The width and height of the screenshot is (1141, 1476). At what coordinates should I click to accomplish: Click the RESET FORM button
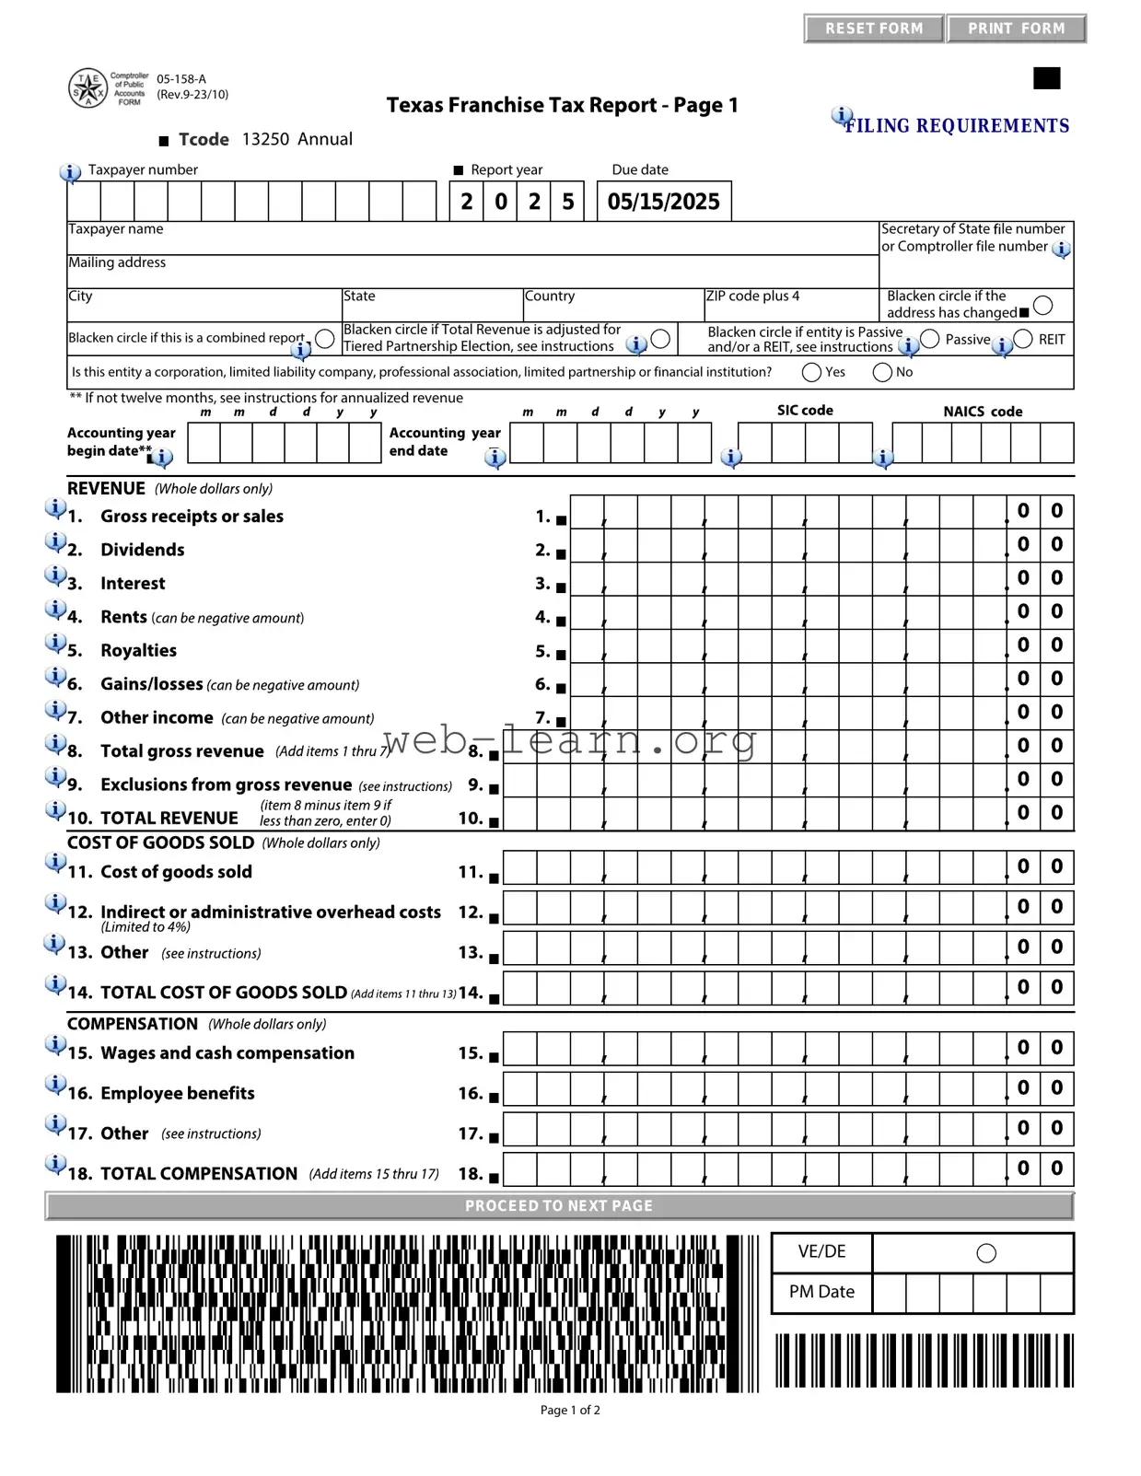[x=873, y=29]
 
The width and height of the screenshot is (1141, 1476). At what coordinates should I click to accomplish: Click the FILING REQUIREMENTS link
[x=957, y=126]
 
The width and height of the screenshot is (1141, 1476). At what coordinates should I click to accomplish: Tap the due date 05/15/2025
[x=663, y=202]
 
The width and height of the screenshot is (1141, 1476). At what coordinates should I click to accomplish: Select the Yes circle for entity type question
[x=811, y=372]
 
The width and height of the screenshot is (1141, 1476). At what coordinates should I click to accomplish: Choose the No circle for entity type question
[x=882, y=372]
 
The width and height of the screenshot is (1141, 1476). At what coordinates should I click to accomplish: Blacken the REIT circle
[x=1023, y=339]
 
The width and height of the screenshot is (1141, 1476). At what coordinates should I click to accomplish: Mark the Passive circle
[x=930, y=339]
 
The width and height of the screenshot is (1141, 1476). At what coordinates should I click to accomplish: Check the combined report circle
[x=325, y=338]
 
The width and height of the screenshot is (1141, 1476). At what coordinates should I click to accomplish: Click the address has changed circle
[x=1042, y=305]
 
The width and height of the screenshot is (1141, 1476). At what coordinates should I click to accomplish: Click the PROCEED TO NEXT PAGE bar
[x=559, y=1206]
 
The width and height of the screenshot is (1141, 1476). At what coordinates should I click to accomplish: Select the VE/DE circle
[x=986, y=1253]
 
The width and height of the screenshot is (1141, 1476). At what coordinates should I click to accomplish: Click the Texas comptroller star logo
[x=88, y=88]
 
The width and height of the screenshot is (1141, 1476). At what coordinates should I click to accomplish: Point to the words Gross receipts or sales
[x=192, y=517]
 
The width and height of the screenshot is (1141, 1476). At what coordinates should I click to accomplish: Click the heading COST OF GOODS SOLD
[x=160, y=843]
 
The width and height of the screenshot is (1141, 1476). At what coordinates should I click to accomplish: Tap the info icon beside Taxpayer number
[x=70, y=172]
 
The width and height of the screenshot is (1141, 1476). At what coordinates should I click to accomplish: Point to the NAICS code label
[x=983, y=412]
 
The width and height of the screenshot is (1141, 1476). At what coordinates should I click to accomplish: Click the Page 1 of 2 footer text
[x=570, y=1410]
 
